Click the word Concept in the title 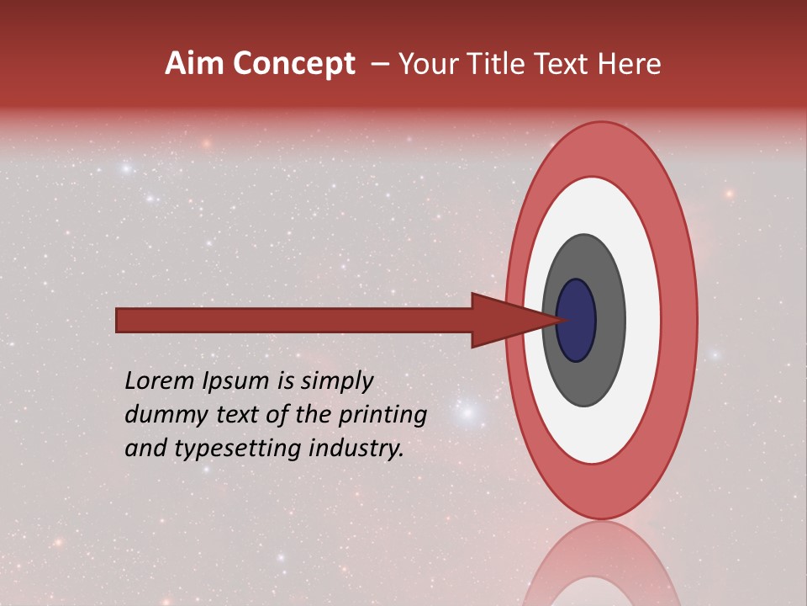[293, 64]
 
